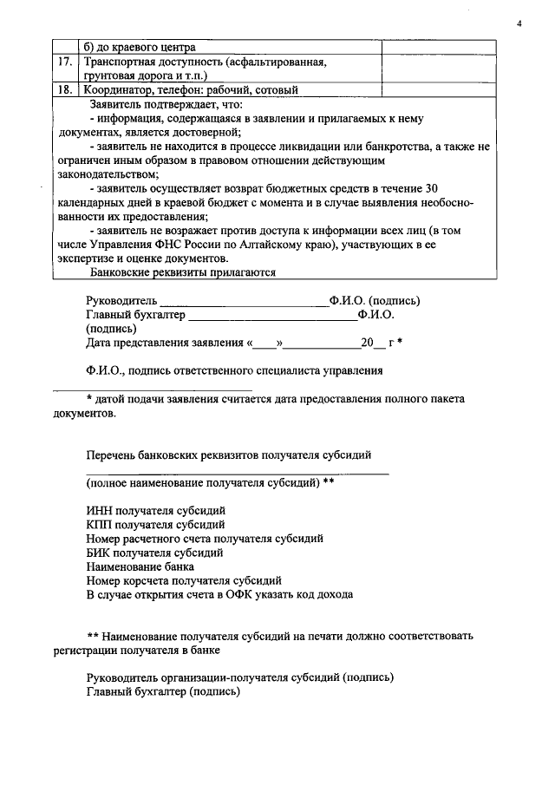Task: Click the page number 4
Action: pos(519,23)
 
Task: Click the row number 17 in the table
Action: pos(64,62)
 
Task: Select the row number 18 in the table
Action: pos(64,89)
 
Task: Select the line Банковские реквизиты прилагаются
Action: pos(183,271)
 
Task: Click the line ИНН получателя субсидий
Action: pos(156,510)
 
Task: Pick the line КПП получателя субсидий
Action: pos(156,524)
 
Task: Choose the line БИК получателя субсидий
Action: pos(155,552)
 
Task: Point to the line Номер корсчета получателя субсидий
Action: pos(184,580)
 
